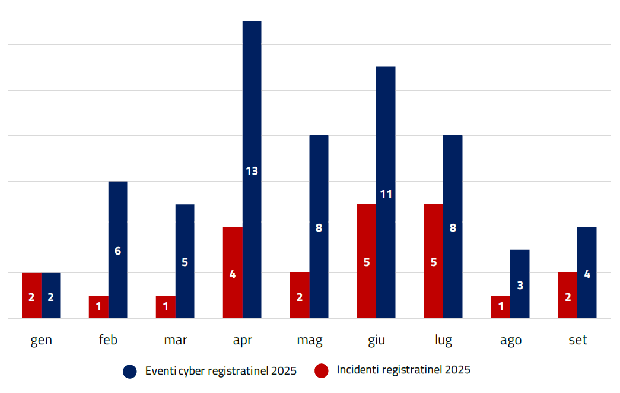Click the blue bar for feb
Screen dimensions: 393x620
click(117, 226)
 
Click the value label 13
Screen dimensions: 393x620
click(252, 171)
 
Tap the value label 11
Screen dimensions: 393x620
click(386, 194)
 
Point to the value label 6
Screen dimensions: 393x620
click(117, 251)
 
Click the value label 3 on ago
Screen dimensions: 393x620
click(520, 286)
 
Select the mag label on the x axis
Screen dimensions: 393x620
click(310, 340)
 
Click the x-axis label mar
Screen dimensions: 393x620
click(176, 340)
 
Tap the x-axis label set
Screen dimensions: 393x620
click(577, 340)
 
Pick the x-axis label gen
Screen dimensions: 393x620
click(42, 340)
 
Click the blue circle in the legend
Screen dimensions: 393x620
click(130, 372)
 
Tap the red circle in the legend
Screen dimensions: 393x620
click(322, 371)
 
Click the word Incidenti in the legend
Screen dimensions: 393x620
click(358, 370)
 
